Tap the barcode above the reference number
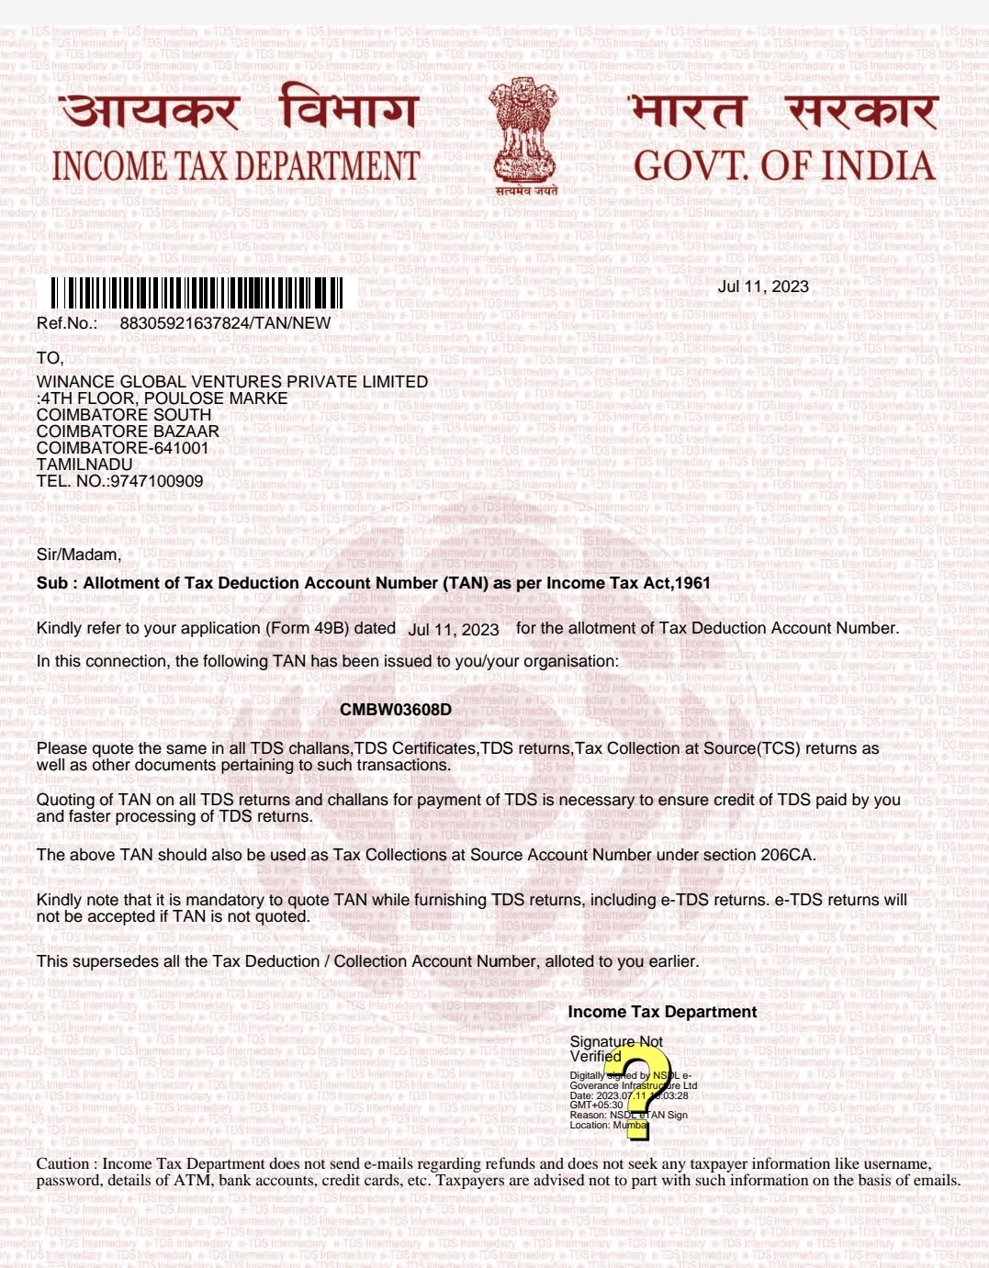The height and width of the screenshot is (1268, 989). [197, 293]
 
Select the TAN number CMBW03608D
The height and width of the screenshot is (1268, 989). [396, 710]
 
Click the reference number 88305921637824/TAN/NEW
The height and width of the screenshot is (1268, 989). [225, 323]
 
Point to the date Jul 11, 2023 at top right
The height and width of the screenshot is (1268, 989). [763, 286]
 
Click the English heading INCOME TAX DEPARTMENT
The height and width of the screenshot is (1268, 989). [236, 166]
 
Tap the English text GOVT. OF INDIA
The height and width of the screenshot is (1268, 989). [784, 166]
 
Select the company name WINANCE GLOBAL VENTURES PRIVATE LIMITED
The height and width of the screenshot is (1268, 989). [232, 382]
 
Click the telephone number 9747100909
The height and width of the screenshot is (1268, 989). [157, 481]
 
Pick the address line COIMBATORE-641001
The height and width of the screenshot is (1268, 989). [123, 448]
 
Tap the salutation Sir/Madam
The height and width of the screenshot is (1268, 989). [79, 555]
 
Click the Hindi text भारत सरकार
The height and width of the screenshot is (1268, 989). [783, 110]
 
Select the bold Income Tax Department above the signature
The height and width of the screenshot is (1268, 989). [662, 1012]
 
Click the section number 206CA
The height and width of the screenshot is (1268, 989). [787, 855]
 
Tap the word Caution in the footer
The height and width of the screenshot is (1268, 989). [62, 1164]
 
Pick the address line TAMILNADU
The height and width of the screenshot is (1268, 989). [84, 465]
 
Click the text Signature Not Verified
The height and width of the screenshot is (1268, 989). [615, 1049]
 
